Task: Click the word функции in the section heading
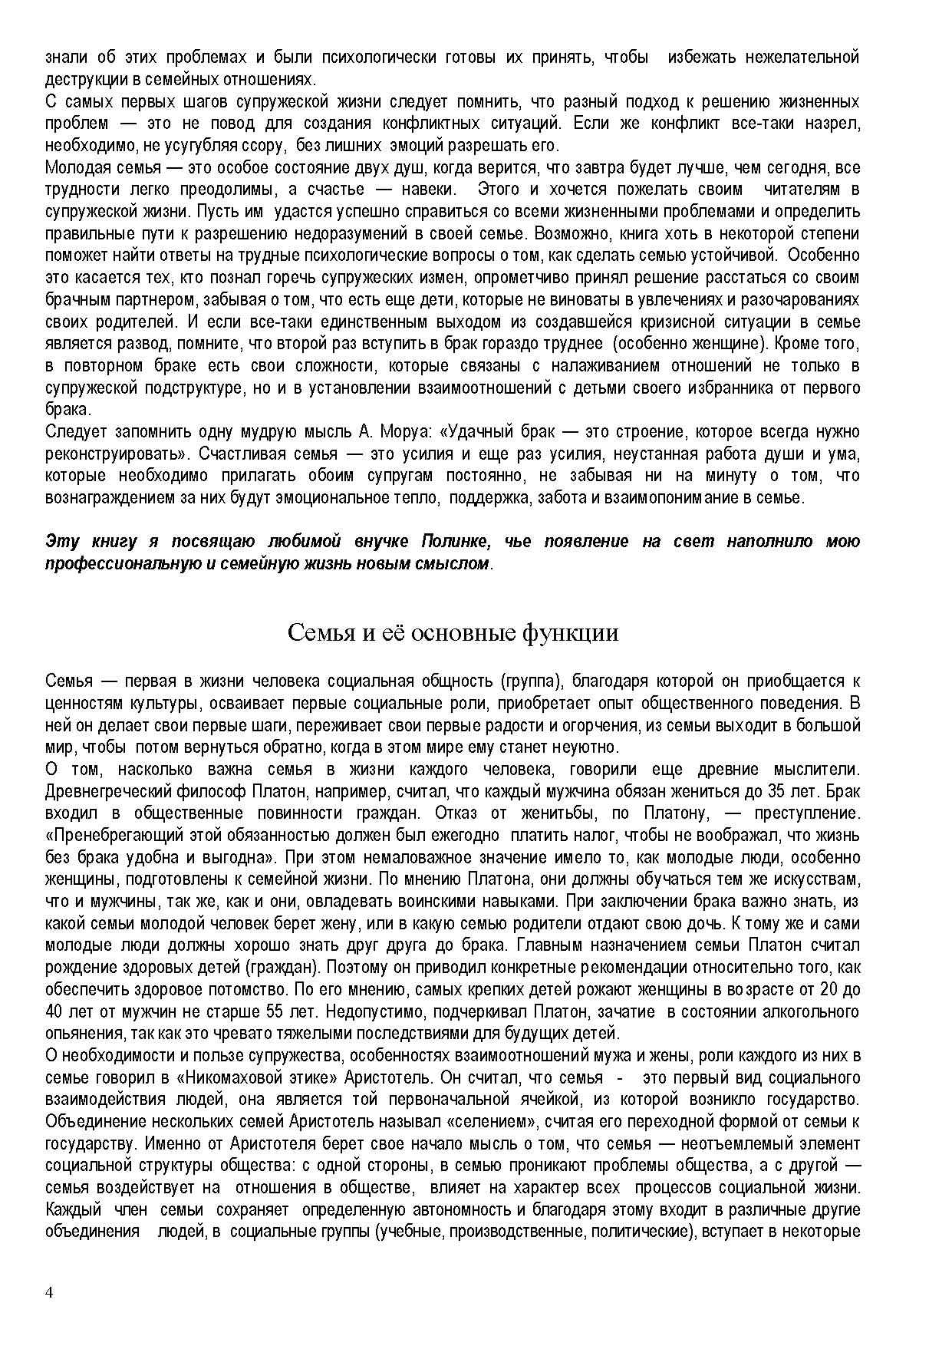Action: (570, 633)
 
